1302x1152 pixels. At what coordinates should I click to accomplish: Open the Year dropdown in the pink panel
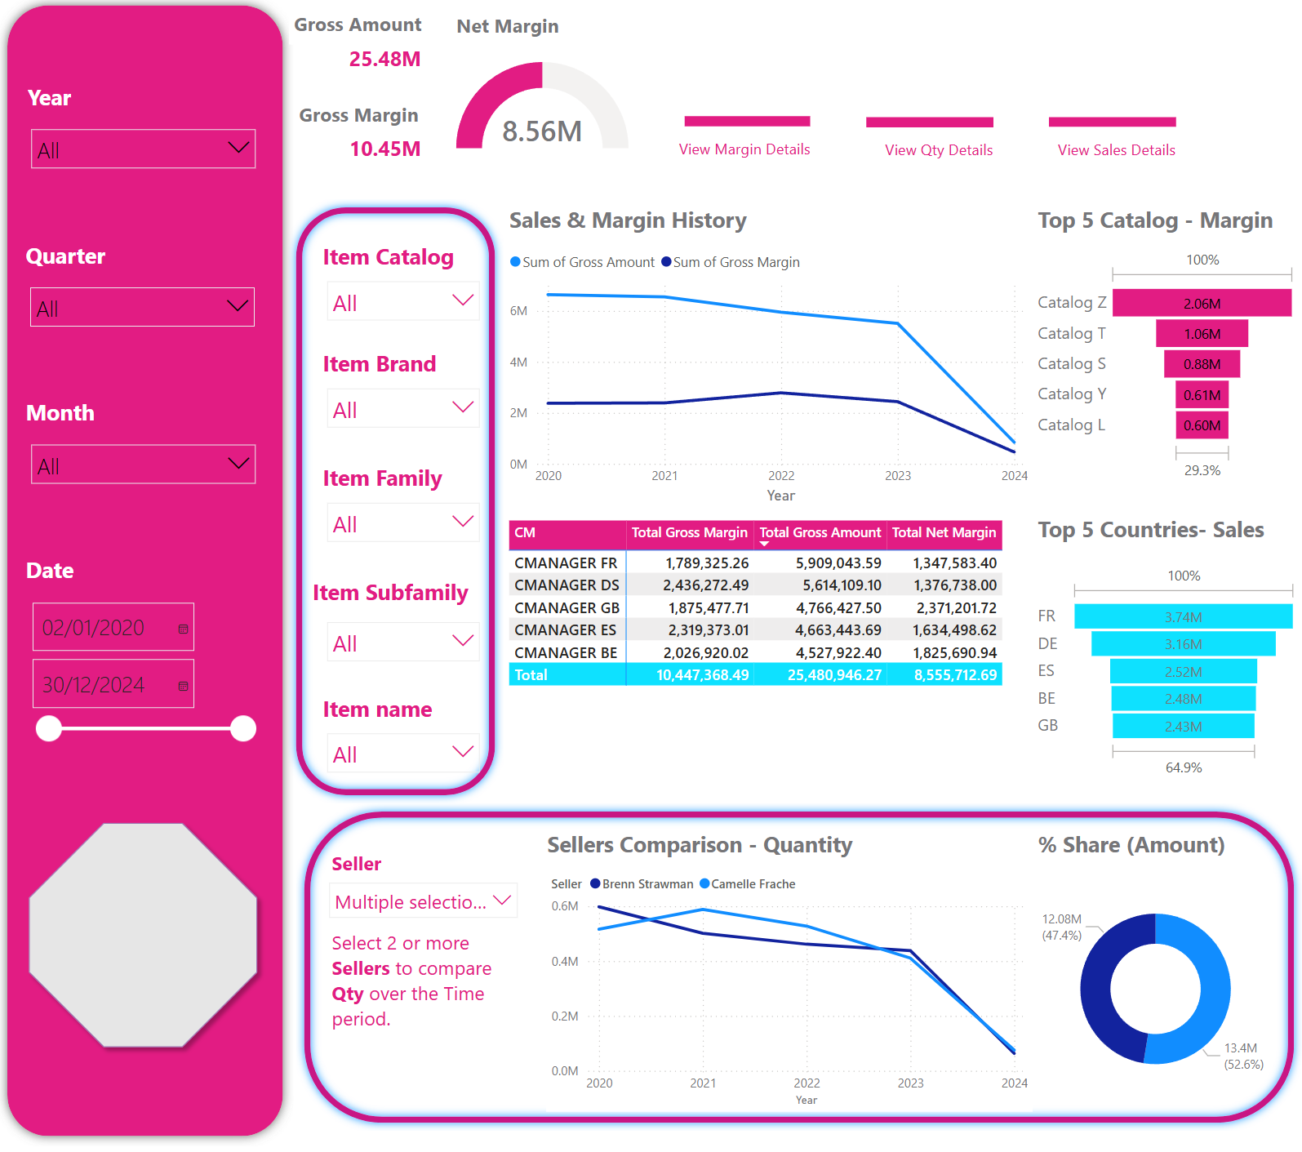(143, 149)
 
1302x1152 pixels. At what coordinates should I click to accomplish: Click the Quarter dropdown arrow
(237, 307)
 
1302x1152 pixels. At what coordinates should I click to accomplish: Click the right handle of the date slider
(243, 728)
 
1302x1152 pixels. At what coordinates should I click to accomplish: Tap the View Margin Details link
(744, 149)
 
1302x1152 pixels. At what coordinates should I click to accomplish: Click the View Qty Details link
(939, 150)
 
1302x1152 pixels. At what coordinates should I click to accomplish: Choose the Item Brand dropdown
(402, 410)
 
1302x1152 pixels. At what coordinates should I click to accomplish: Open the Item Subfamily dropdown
(402, 643)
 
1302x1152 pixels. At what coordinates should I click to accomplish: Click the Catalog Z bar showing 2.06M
(1202, 303)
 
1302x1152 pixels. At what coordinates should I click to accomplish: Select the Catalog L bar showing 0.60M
(1202, 425)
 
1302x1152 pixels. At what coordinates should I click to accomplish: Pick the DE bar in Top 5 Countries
(1183, 644)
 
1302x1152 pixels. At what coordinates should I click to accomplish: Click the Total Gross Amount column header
(820, 533)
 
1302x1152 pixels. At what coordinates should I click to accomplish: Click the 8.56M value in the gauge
(542, 131)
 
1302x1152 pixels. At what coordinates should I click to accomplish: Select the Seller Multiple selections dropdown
(423, 901)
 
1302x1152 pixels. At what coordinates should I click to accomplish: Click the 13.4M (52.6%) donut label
(1242, 1056)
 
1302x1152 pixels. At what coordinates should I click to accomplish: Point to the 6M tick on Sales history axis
(518, 311)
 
